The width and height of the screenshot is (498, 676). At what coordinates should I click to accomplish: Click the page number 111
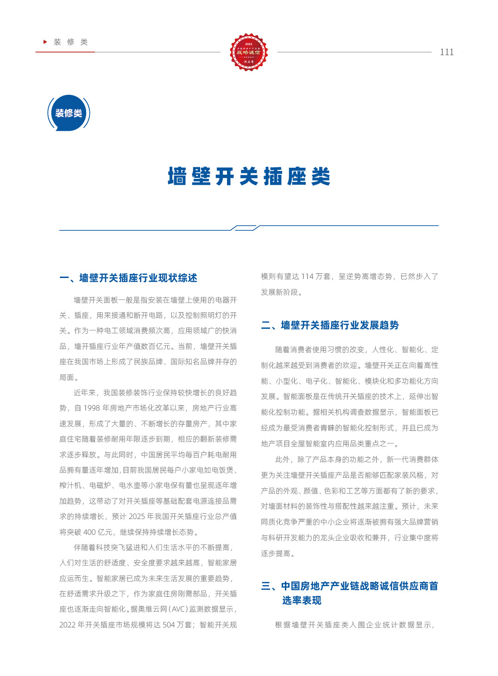(x=447, y=52)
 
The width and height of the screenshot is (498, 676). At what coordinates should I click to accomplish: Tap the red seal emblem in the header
(x=249, y=52)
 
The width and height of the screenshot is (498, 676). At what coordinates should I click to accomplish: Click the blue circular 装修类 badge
(x=69, y=113)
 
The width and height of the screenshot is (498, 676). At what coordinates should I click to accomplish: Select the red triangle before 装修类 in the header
(x=45, y=42)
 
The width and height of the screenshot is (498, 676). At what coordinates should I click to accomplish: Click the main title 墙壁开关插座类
(x=249, y=177)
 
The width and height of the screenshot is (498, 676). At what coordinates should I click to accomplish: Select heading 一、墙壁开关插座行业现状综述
(x=128, y=278)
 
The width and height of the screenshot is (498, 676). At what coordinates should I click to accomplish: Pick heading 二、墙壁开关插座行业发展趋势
(x=330, y=325)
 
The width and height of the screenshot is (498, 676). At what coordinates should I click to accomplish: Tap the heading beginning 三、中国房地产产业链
(x=349, y=586)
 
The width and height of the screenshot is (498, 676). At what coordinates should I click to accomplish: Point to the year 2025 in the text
(x=137, y=516)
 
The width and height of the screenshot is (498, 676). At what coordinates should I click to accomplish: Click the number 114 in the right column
(x=307, y=277)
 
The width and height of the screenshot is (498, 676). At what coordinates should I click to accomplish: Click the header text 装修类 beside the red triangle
(x=71, y=42)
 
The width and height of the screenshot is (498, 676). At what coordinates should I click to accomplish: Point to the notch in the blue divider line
(x=245, y=227)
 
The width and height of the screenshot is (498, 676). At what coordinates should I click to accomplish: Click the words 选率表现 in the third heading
(x=302, y=600)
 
